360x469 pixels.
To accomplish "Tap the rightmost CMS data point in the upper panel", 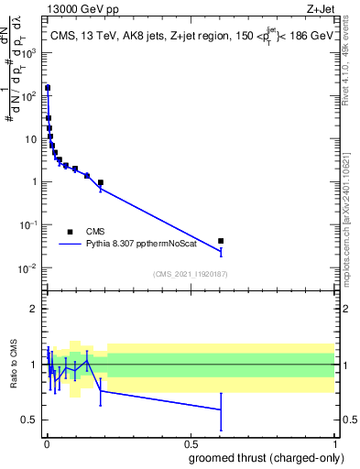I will point(221,241).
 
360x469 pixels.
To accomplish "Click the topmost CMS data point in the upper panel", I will point(48,89).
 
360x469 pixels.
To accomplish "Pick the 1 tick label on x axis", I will point(334,443).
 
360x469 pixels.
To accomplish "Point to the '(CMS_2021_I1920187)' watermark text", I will point(190,274).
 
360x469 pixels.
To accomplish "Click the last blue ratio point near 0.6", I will point(221,409).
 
